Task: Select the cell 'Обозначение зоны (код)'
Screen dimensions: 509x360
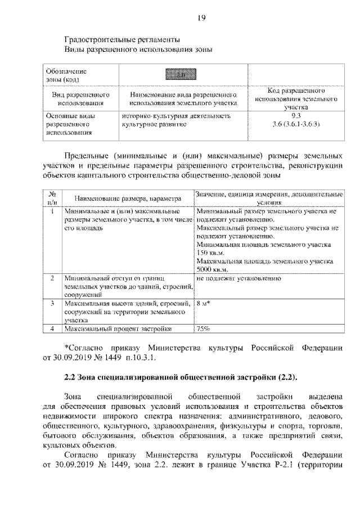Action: [66, 75]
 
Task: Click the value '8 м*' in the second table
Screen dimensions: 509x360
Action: [203, 304]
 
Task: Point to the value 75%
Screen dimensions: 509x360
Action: [203, 329]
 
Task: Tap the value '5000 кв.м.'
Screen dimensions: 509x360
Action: [213, 269]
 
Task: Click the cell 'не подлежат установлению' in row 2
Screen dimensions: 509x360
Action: [238, 278]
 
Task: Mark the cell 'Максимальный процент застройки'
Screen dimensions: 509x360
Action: [117, 329]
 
